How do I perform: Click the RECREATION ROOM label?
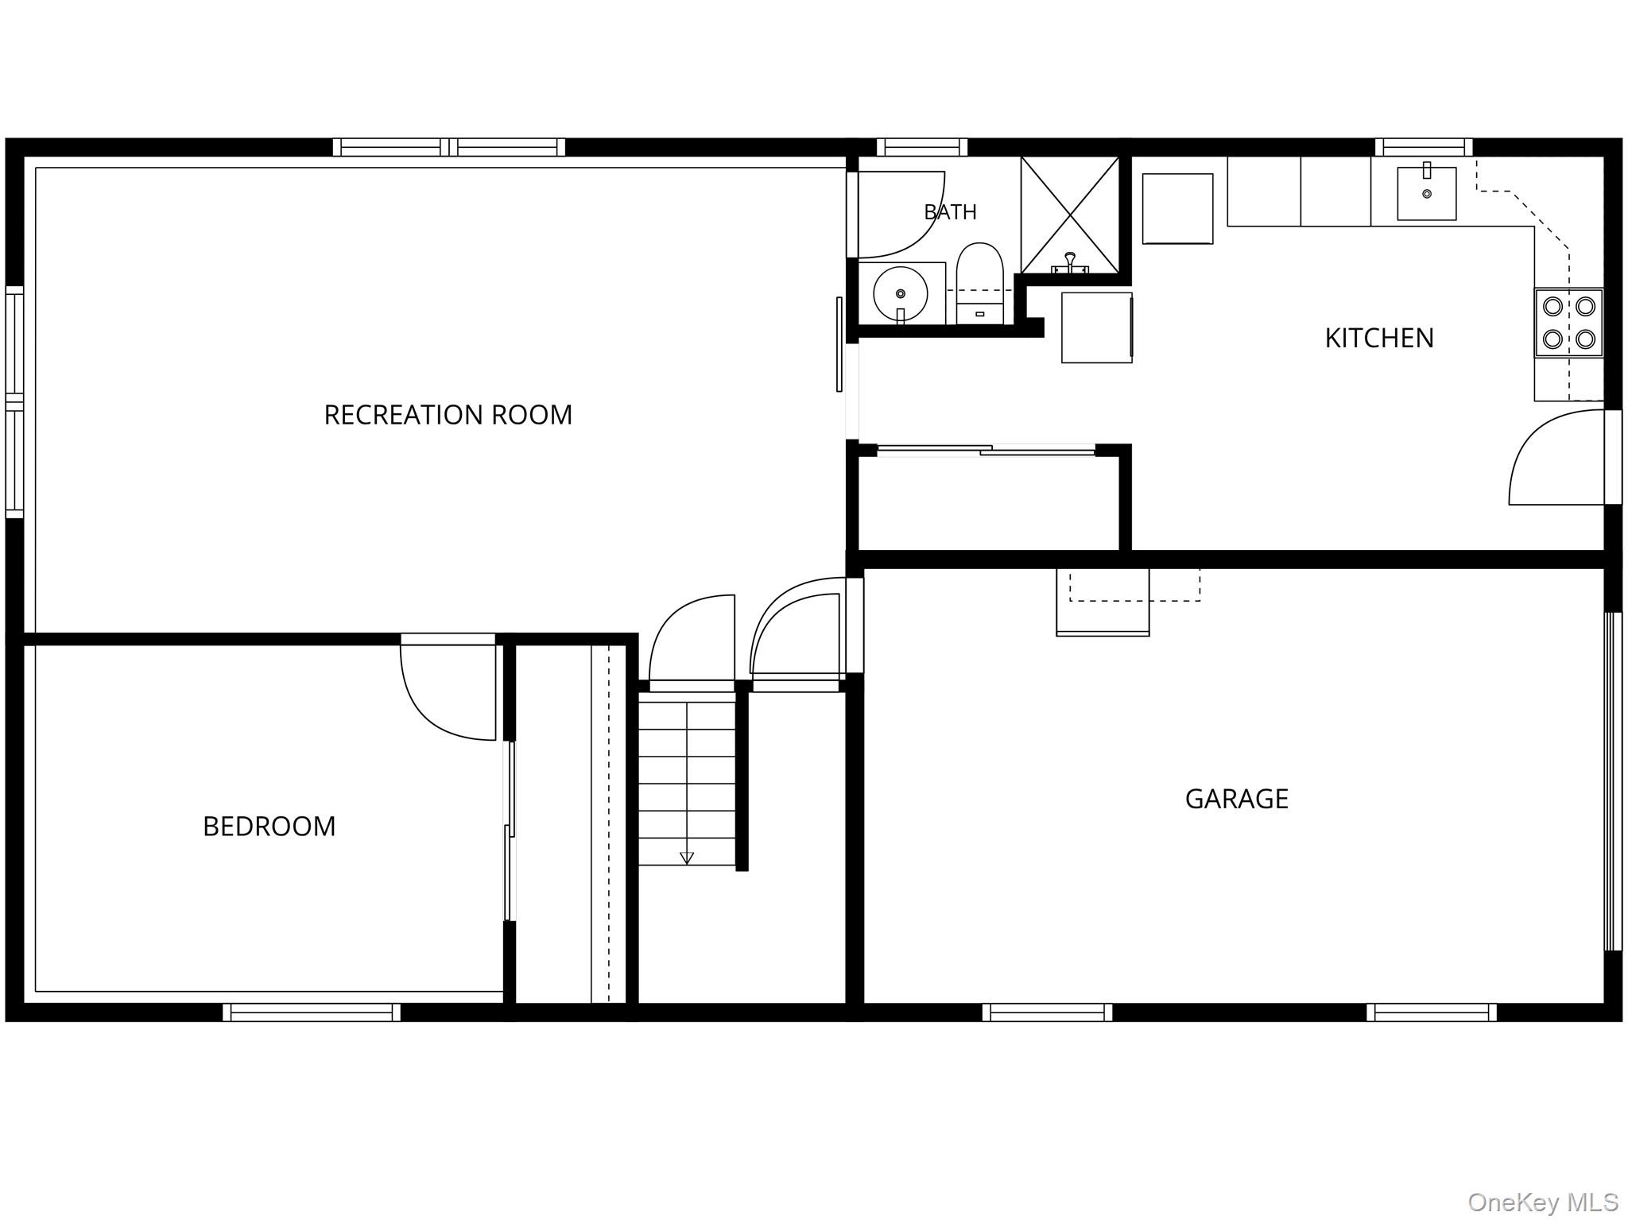[x=448, y=415]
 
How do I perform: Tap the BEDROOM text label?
[x=269, y=827]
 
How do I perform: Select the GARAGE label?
[x=1236, y=799]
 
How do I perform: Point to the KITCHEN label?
[x=1379, y=338]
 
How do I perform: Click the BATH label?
[x=950, y=212]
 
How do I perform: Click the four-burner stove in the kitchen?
[x=1568, y=323]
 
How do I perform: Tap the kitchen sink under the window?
[x=1427, y=193]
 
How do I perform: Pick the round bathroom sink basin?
[x=901, y=294]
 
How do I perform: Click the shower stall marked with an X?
[x=1070, y=215]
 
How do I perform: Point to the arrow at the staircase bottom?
[x=687, y=858]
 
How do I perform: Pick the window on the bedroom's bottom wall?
[x=312, y=1012]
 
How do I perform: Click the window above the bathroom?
[x=922, y=147]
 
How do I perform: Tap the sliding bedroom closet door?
[x=510, y=831]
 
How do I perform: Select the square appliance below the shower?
[x=1097, y=327]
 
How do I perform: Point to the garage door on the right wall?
[x=1612, y=781]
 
